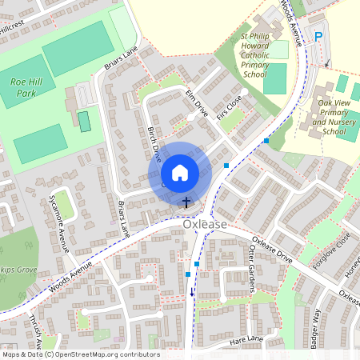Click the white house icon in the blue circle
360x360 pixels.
click(180, 172)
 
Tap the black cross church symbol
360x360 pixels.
click(187, 202)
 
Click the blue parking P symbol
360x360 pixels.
click(318, 36)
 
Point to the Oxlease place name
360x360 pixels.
click(205, 225)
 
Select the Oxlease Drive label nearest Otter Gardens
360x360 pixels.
click(273, 250)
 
